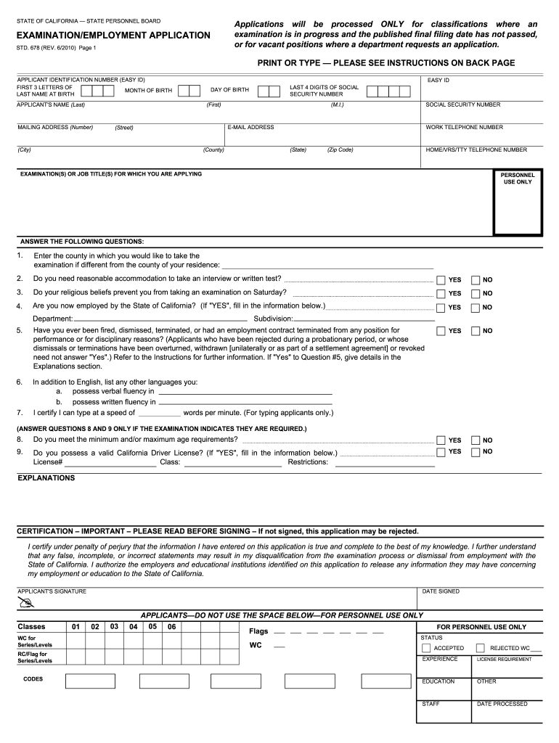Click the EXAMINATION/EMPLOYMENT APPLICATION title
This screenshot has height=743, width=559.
tap(114, 36)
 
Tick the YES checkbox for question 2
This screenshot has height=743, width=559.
tap(441, 280)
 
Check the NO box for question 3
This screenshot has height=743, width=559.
tap(476, 293)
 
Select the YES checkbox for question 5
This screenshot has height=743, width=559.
tap(441, 331)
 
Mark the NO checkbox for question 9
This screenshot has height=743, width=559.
tap(476, 452)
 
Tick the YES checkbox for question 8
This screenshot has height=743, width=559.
tap(441, 440)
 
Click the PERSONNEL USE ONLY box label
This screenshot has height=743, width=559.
tap(518, 178)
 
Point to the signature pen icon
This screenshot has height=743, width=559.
tap(27, 604)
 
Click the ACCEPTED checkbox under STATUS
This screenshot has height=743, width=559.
tap(426, 648)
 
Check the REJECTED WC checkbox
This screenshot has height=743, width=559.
tap(480, 648)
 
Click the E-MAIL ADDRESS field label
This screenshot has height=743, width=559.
tap(250, 127)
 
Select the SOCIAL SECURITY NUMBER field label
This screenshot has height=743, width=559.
tap(462, 104)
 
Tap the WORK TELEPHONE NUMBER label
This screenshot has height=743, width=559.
tap(464, 127)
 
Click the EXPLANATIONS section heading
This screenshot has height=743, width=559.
tap(46, 478)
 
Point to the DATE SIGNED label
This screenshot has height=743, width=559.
tap(441, 591)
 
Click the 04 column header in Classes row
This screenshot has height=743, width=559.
tap(133, 626)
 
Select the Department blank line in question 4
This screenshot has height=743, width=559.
tap(160, 318)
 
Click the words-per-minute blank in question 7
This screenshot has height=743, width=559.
tap(159, 413)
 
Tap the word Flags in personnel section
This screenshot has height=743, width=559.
tap(258, 631)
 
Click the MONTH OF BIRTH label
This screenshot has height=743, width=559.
tap(148, 91)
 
